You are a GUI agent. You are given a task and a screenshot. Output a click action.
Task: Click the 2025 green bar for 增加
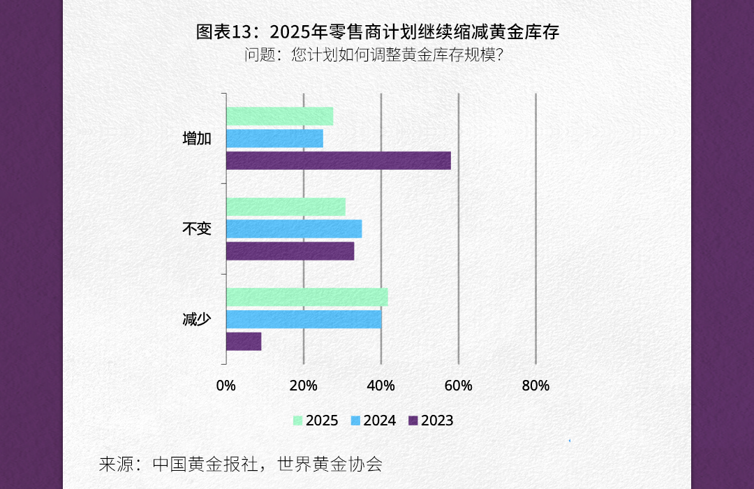279,117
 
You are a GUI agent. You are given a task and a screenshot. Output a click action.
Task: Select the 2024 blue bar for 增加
274,138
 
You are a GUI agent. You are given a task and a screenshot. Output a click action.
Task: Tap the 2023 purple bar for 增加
338,160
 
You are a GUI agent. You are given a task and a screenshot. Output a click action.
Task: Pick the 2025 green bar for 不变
286,207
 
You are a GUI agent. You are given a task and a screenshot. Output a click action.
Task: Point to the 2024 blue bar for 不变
294,229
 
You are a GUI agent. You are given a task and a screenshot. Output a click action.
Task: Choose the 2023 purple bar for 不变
290,251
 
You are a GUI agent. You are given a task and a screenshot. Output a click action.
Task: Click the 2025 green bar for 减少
306,297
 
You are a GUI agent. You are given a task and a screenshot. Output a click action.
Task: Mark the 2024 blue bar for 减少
304,319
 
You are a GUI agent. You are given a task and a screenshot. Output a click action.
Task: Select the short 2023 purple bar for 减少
244,341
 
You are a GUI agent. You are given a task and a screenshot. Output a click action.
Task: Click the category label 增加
196,138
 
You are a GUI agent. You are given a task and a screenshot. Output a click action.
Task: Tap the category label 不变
196,228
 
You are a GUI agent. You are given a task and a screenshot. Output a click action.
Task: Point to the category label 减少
196,319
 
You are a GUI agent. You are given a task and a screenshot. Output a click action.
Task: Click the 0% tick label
226,386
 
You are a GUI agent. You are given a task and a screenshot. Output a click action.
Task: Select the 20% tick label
304,386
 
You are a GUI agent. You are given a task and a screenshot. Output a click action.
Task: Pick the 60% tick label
459,386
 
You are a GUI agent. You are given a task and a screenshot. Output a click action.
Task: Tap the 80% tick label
535,386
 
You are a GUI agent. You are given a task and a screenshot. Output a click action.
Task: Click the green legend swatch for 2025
297,421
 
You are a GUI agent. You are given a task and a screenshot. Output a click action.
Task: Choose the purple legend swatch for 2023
413,421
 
